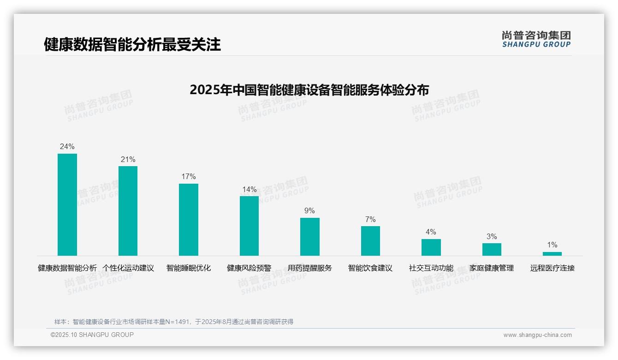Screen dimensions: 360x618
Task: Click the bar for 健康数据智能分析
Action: (x=67, y=204)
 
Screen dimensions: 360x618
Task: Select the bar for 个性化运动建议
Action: (x=128, y=210)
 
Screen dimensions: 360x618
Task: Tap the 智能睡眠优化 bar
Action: (x=189, y=219)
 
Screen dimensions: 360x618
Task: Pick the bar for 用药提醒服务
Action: (x=310, y=236)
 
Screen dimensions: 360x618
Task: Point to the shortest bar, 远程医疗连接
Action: (x=552, y=254)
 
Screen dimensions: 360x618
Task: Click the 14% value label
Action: (x=250, y=189)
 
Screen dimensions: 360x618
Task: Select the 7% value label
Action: (x=370, y=219)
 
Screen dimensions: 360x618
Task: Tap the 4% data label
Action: (x=431, y=232)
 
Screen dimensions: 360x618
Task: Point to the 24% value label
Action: (x=67, y=146)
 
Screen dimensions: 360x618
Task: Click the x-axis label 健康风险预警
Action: (x=249, y=268)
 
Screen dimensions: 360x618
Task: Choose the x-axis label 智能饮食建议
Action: (x=370, y=268)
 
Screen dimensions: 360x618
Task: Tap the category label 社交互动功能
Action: (x=431, y=268)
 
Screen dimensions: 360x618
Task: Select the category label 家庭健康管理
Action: (x=492, y=268)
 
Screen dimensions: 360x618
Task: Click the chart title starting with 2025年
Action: (x=309, y=90)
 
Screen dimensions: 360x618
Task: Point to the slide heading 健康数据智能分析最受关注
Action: (x=132, y=44)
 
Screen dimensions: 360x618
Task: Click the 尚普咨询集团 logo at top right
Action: (x=536, y=39)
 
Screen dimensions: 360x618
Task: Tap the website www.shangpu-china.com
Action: (x=537, y=335)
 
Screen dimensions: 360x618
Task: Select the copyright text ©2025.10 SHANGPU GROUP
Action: (x=92, y=335)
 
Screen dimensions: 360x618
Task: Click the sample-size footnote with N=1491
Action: (x=174, y=322)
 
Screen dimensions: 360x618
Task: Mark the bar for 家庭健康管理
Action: (x=492, y=249)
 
